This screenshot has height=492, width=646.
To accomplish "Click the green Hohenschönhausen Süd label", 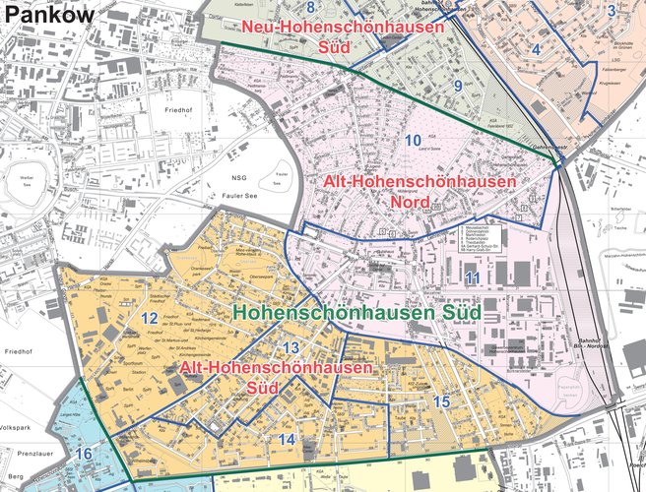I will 356,312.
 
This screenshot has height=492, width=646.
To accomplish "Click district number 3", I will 612,12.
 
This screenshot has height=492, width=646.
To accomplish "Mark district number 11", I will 473,278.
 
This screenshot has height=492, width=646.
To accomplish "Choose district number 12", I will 149,317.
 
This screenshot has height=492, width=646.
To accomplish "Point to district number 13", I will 290,348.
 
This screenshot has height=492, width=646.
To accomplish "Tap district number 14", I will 287,438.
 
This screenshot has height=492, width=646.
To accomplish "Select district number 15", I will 440,401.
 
